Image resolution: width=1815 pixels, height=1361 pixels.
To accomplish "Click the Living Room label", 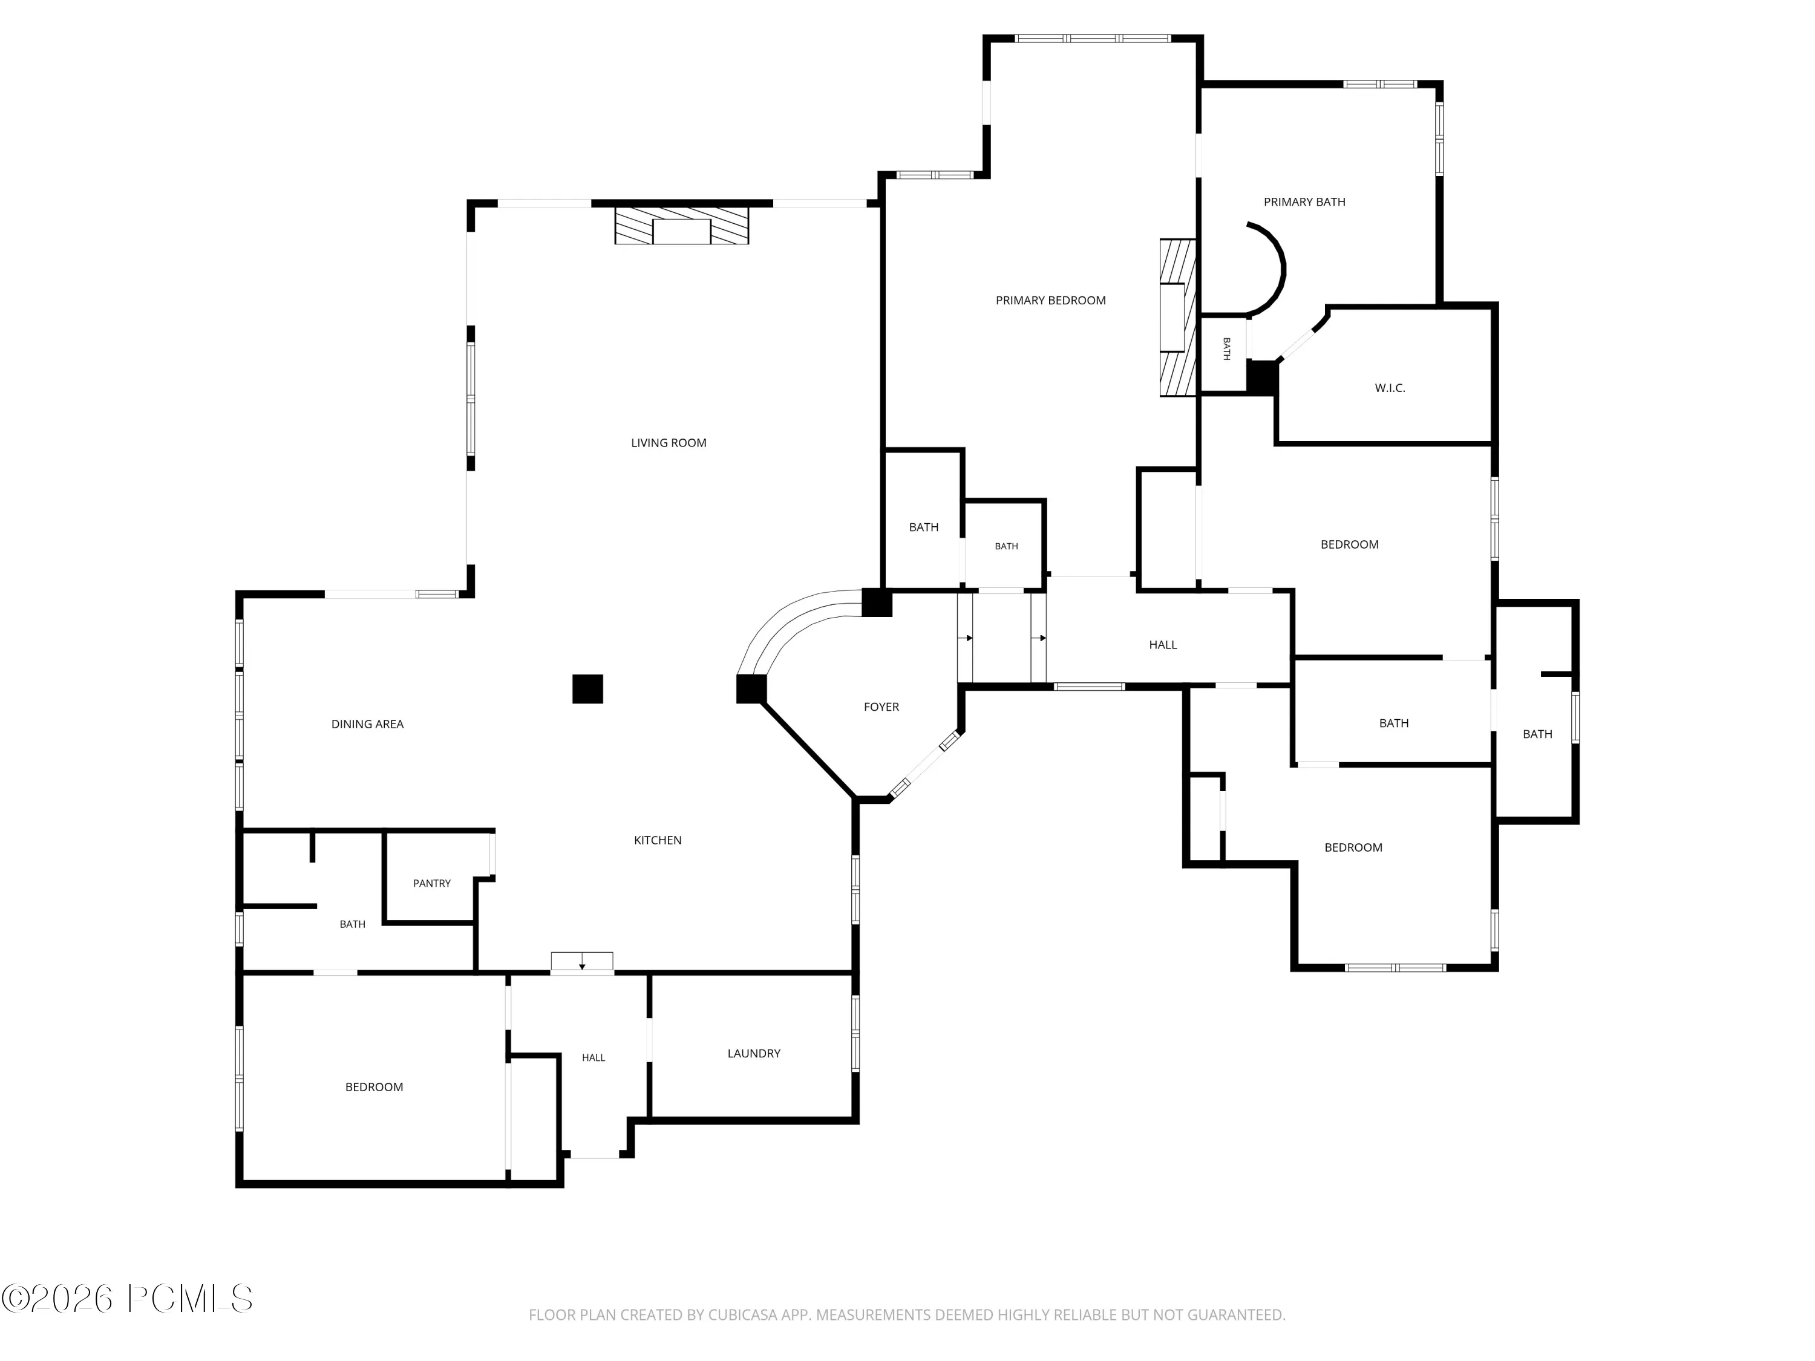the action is tap(668, 443).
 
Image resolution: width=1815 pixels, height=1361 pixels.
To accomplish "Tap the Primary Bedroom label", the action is tap(1050, 300).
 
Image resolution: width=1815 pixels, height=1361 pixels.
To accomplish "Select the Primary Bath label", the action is tap(1304, 202).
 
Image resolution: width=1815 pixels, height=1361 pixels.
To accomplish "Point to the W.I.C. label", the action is tap(1390, 388).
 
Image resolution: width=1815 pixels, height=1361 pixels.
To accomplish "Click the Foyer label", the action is tap(881, 707).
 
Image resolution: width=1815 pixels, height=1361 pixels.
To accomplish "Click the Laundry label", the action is tap(753, 1053).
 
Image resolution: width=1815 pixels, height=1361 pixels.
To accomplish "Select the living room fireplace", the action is tap(682, 226).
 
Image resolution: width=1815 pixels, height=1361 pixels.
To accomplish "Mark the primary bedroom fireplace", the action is tap(1177, 318).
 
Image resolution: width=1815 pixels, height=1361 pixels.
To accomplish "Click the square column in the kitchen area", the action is tap(587, 689).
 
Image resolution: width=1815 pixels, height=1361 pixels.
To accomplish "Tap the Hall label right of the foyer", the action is tap(1163, 645).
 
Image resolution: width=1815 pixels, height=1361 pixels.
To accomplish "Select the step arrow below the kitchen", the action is tap(582, 962).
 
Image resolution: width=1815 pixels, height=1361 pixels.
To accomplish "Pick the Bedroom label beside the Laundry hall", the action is tap(373, 1087).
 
